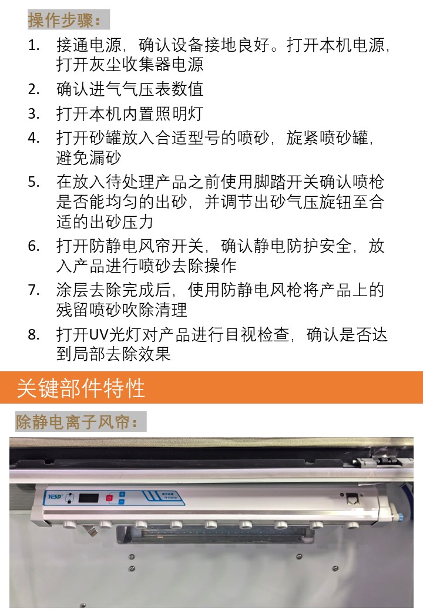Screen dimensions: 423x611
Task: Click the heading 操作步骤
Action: (x=64, y=20)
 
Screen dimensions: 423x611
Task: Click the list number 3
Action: (x=33, y=114)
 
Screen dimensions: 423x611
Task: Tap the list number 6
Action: (x=33, y=246)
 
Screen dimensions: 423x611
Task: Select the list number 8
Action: (x=33, y=334)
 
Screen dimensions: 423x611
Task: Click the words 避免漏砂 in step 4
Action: (x=89, y=158)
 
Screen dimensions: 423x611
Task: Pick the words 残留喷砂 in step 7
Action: (x=89, y=310)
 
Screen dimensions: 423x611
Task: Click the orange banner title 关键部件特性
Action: (x=80, y=388)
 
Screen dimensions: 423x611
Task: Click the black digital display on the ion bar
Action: (x=89, y=498)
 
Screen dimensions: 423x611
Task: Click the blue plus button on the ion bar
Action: (x=122, y=495)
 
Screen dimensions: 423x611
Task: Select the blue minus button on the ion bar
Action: (x=121, y=502)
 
